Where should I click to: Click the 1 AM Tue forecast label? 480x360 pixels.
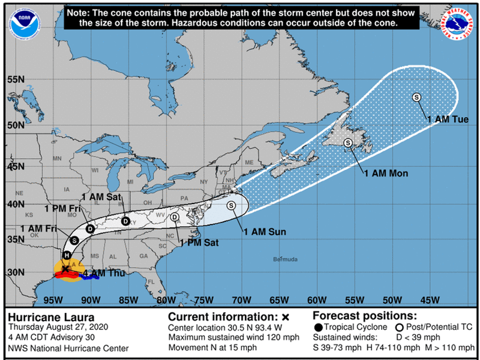coord(448,120)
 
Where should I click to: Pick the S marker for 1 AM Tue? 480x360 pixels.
coord(417,97)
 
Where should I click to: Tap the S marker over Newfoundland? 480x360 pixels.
coord(348,143)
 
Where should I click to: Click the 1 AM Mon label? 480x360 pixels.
coord(386,173)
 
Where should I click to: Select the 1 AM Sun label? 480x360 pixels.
coord(264,232)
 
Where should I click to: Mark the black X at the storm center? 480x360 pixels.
coord(65,269)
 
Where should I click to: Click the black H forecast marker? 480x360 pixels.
coord(67,255)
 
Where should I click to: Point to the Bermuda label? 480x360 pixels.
coord(285,259)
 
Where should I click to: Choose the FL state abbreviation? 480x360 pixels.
coord(151,282)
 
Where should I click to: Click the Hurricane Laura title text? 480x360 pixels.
coord(44,317)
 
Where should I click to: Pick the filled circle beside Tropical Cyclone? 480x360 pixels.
coord(319,327)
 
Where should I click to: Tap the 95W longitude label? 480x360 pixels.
coord(52,300)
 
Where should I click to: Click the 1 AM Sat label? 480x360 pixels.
coord(101,197)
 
